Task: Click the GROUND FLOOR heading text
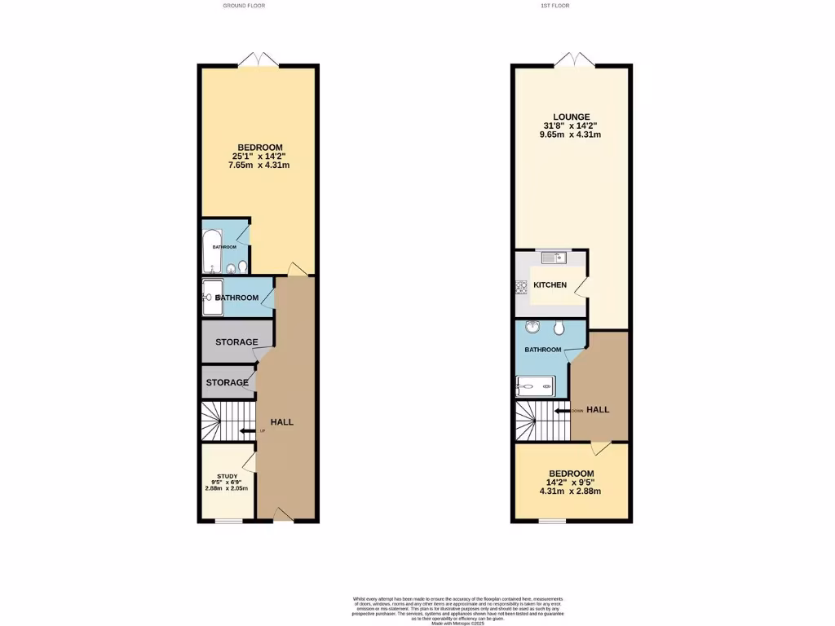(x=244, y=6)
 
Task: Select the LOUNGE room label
(x=570, y=117)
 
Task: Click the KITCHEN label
(x=550, y=285)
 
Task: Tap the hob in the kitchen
(x=520, y=286)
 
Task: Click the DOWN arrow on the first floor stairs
(x=562, y=411)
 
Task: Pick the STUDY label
(x=228, y=476)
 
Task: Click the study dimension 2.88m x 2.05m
(x=228, y=488)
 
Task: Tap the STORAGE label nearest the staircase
(x=227, y=383)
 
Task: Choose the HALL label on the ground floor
(x=282, y=421)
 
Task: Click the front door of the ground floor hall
(x=281, y=514)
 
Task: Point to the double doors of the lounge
(x=571, y=59)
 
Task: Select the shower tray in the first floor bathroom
(x=536, y=386)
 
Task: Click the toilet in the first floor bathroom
(x=559, y=328)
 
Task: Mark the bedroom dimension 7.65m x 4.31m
(x=259, y=165)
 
